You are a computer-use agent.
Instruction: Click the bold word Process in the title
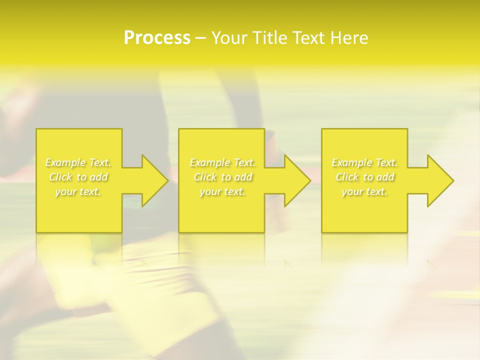click(157, 38)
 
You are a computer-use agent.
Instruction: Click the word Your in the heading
click(230, 38)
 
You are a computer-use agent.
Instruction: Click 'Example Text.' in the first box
click(78, 162)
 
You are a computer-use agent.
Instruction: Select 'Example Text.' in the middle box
click(222, 162)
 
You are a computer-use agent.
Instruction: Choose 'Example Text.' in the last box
click(364, 162)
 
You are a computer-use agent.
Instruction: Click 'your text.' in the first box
click(78, 191)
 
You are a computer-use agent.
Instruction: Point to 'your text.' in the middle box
click(222, 191)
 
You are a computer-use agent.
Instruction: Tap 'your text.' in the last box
click(364, 191)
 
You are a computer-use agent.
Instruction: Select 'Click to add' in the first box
click(78, 177)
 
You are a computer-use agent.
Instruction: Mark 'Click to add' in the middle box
click(222, 177)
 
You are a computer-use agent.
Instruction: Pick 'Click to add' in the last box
click(364, 177)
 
